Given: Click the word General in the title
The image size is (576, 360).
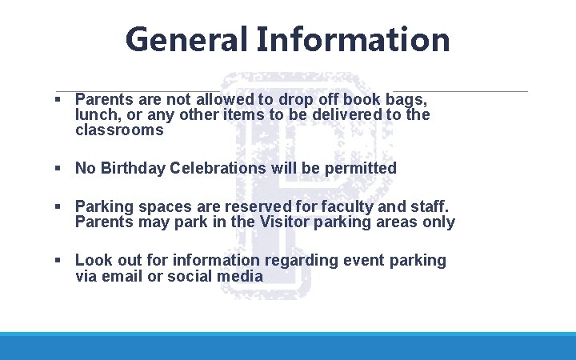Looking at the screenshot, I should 185,38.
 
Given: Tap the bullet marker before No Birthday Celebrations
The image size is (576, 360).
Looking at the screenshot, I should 58,168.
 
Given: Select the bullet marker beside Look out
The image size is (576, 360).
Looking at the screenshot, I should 58,260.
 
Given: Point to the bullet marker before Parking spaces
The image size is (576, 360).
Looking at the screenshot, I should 58,206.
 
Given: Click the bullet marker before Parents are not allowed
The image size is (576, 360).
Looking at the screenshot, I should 58,100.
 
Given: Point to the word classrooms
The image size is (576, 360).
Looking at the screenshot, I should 119,130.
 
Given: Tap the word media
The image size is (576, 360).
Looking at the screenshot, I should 242,276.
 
